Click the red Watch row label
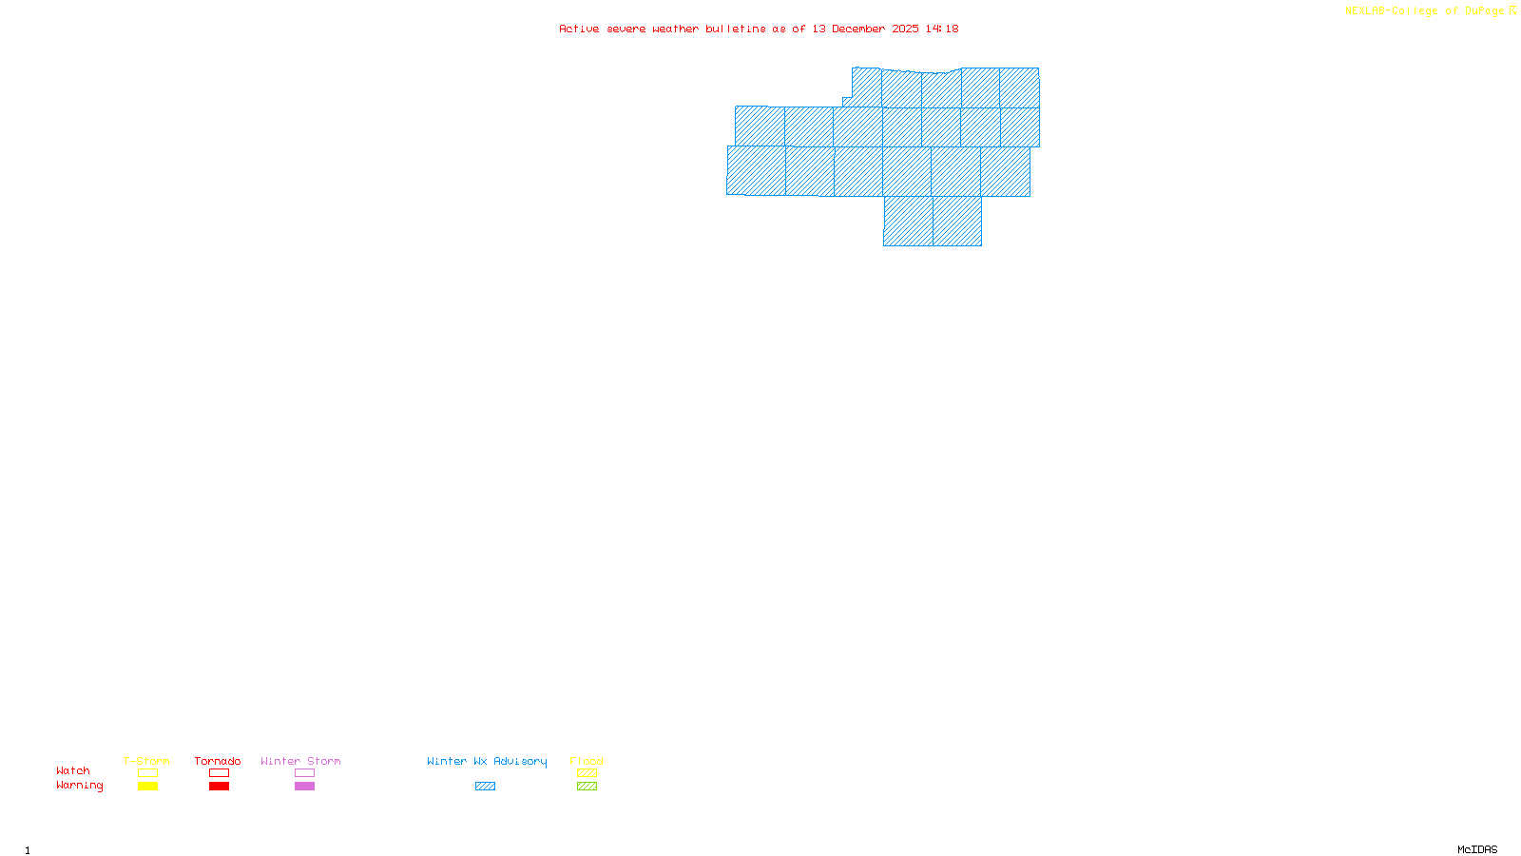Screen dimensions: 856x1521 [73, 770]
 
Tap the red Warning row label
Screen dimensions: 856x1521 [80, 786]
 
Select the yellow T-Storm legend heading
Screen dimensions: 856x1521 [146, 761]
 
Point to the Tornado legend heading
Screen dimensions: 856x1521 [218, 761]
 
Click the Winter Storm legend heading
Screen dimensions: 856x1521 [300, 761]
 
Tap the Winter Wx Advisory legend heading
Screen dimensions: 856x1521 [487, 761]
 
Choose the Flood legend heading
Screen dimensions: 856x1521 [587, 761]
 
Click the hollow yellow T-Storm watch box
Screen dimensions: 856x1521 [147, 773]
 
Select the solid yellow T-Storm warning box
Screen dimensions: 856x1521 [147, 787]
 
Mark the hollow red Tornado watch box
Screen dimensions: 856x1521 [220, 773]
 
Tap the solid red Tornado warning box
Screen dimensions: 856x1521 [220, 787]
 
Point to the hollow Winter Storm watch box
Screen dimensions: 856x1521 [304, 773]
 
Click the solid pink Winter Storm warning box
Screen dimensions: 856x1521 [304, 787]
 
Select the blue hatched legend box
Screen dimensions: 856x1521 [485, 787]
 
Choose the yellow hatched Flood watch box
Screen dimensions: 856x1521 [587, 773]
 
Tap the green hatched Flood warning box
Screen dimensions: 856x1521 [587, 787]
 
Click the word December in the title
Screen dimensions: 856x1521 [858, 29]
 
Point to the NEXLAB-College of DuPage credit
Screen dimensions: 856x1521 [1425, 10]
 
